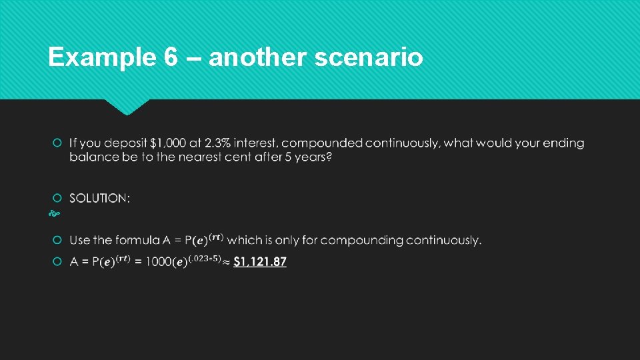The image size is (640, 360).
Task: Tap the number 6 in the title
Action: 170,58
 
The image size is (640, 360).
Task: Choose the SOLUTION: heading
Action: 100,198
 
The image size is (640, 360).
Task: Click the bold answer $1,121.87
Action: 260,261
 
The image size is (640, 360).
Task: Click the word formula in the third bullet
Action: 137,240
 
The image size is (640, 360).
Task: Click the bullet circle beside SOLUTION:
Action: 57,198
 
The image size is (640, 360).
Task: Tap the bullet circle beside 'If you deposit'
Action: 57,143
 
